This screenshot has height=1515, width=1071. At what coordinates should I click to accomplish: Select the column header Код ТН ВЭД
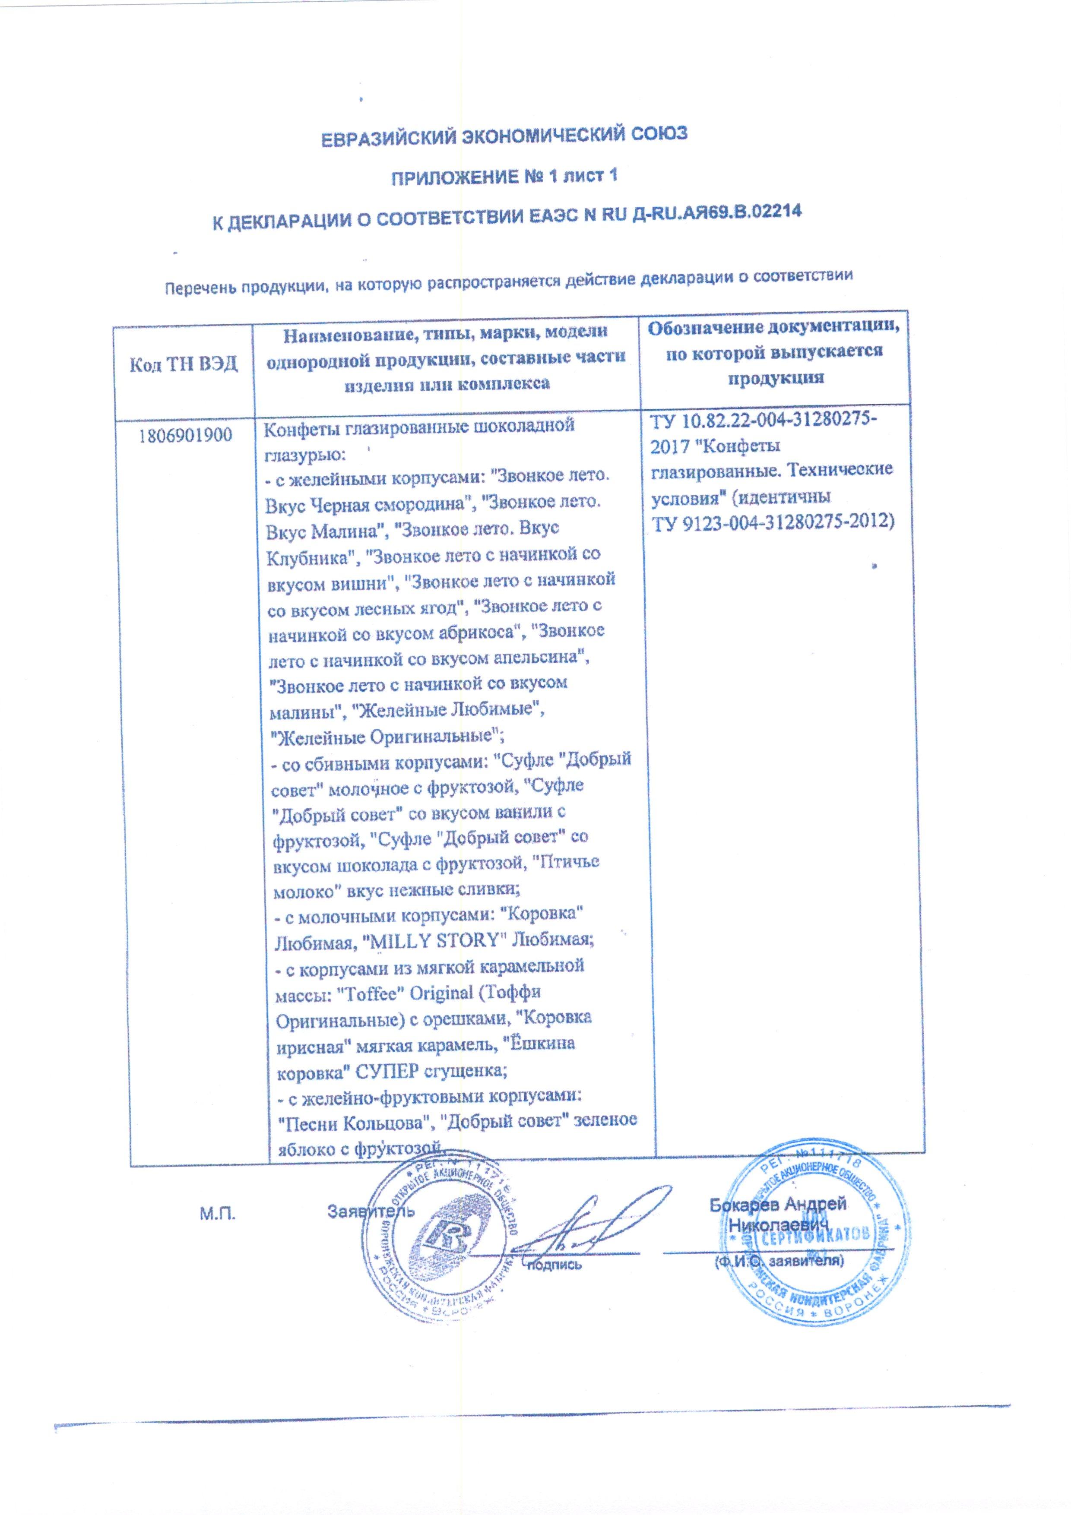tap(184, 364)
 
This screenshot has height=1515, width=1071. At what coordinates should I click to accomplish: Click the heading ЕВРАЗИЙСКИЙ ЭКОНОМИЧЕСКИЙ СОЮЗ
tap(504, 136)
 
